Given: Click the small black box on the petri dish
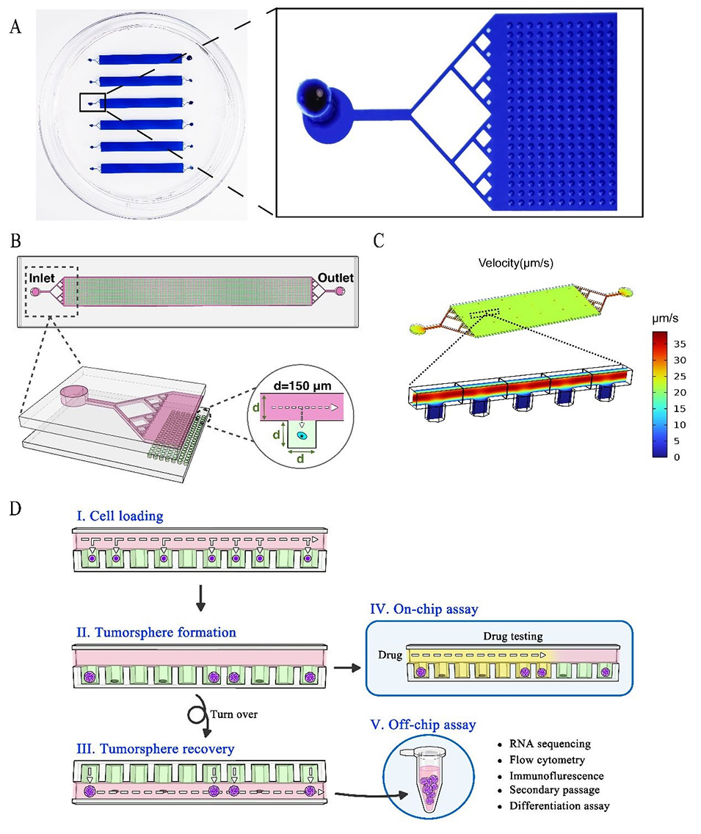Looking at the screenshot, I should tap(92, 102).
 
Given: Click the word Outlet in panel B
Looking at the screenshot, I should tap(336, 278).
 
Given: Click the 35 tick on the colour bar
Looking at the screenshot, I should tap(680, 342).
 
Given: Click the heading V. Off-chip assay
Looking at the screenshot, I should tap(424, 725).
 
